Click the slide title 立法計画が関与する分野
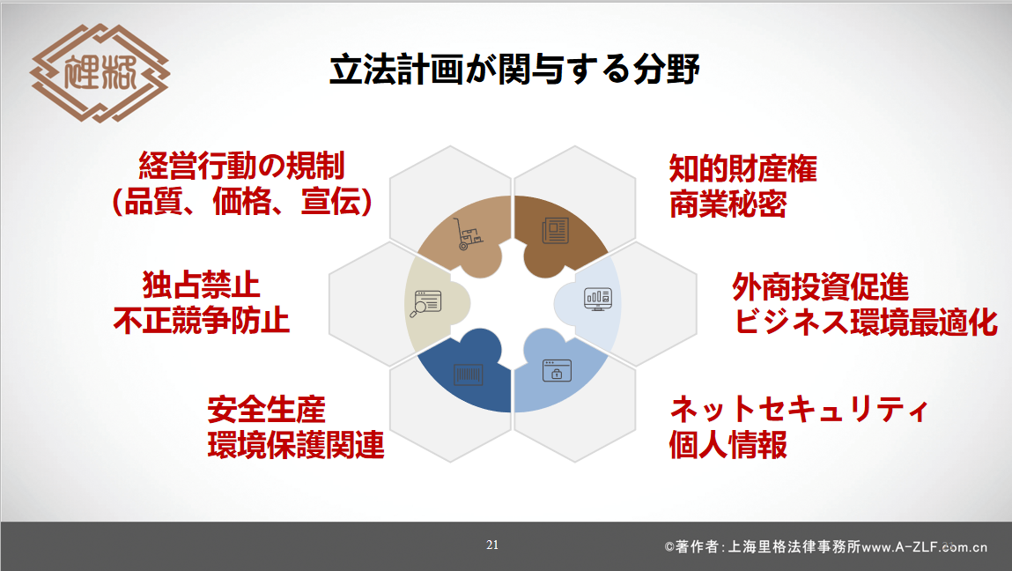coord(514,69)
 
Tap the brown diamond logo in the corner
coord(100,73)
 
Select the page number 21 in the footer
coord(492,545)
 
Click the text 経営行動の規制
coord(242,166)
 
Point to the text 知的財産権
coord(742,168)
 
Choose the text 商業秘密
coord(728,204)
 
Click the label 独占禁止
coord(202,285)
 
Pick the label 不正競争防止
coord(202,321)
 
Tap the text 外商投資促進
coord(820,286)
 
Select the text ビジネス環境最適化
coord(866,322)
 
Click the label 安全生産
coord(267,410)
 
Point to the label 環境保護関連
coord(296,445)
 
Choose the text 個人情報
coord(728,445)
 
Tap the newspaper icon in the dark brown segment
coord(555,230)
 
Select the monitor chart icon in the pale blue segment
coord(598,299)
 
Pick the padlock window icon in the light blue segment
coord(557,371)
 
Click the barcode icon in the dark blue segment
coord(468,374)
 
